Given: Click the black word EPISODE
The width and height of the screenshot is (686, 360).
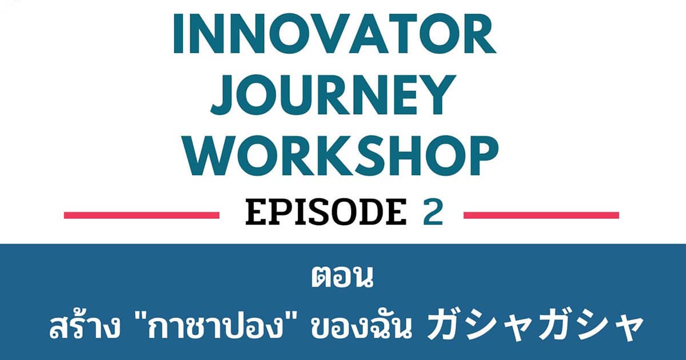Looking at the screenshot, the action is click(326, 211).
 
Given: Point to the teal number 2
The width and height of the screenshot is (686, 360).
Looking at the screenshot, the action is click(433, 211).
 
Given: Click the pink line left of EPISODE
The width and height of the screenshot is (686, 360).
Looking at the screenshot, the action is click(142, 215).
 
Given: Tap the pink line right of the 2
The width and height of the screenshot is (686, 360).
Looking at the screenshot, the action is click(541, 215).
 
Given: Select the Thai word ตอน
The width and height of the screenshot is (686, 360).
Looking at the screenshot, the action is click(342, 277).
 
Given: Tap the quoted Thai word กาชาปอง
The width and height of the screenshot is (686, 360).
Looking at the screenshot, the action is click(215, 327).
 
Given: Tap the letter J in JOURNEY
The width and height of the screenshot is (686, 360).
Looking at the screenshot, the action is click(221, 95).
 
